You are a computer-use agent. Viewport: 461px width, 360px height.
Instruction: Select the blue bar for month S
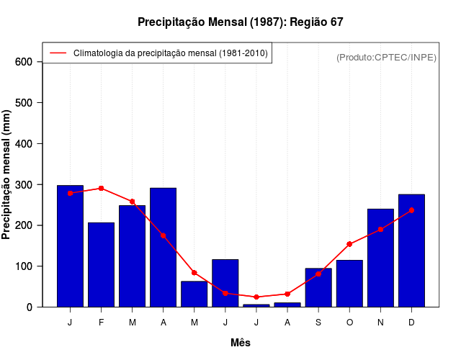coord(318,287)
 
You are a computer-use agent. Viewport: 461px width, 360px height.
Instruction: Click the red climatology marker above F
coord(101,188)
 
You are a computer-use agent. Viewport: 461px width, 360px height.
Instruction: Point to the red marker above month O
coord(349,244)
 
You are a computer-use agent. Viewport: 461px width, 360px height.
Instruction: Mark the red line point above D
coord(411,210)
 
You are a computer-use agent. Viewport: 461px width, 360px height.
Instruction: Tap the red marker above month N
coord(380,229)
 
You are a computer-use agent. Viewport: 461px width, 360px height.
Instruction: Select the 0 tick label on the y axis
coord(30,307)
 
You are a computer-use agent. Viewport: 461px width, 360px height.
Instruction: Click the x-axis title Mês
coord(241,343)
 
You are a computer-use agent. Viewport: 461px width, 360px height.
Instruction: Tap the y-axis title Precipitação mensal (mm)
coord(6,174)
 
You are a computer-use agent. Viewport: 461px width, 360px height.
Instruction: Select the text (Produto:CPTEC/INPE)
coord(386,57)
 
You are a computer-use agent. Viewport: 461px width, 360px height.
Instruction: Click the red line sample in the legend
coord(58,53)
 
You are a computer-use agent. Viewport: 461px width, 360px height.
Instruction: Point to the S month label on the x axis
coord(318,323)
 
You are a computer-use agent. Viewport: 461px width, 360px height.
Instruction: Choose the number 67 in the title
coord(336,22)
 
